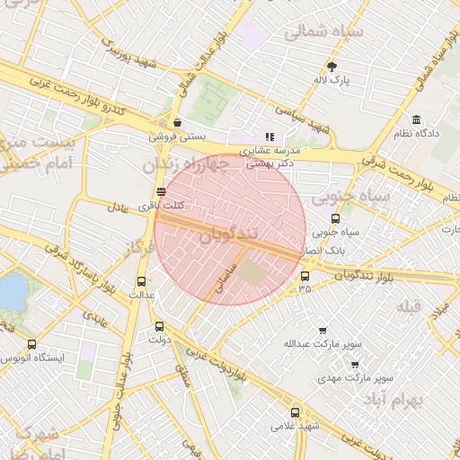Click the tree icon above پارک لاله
click(x=332, y=66)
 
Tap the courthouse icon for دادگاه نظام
click(x=416, y=120)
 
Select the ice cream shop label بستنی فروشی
click(x=178, y=137)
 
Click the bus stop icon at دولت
click(x=160, y=326)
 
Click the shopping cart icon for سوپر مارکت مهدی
click(x=355, y=365)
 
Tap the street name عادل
click(x=118, y=207)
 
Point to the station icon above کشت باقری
click(x=161, y=191)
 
